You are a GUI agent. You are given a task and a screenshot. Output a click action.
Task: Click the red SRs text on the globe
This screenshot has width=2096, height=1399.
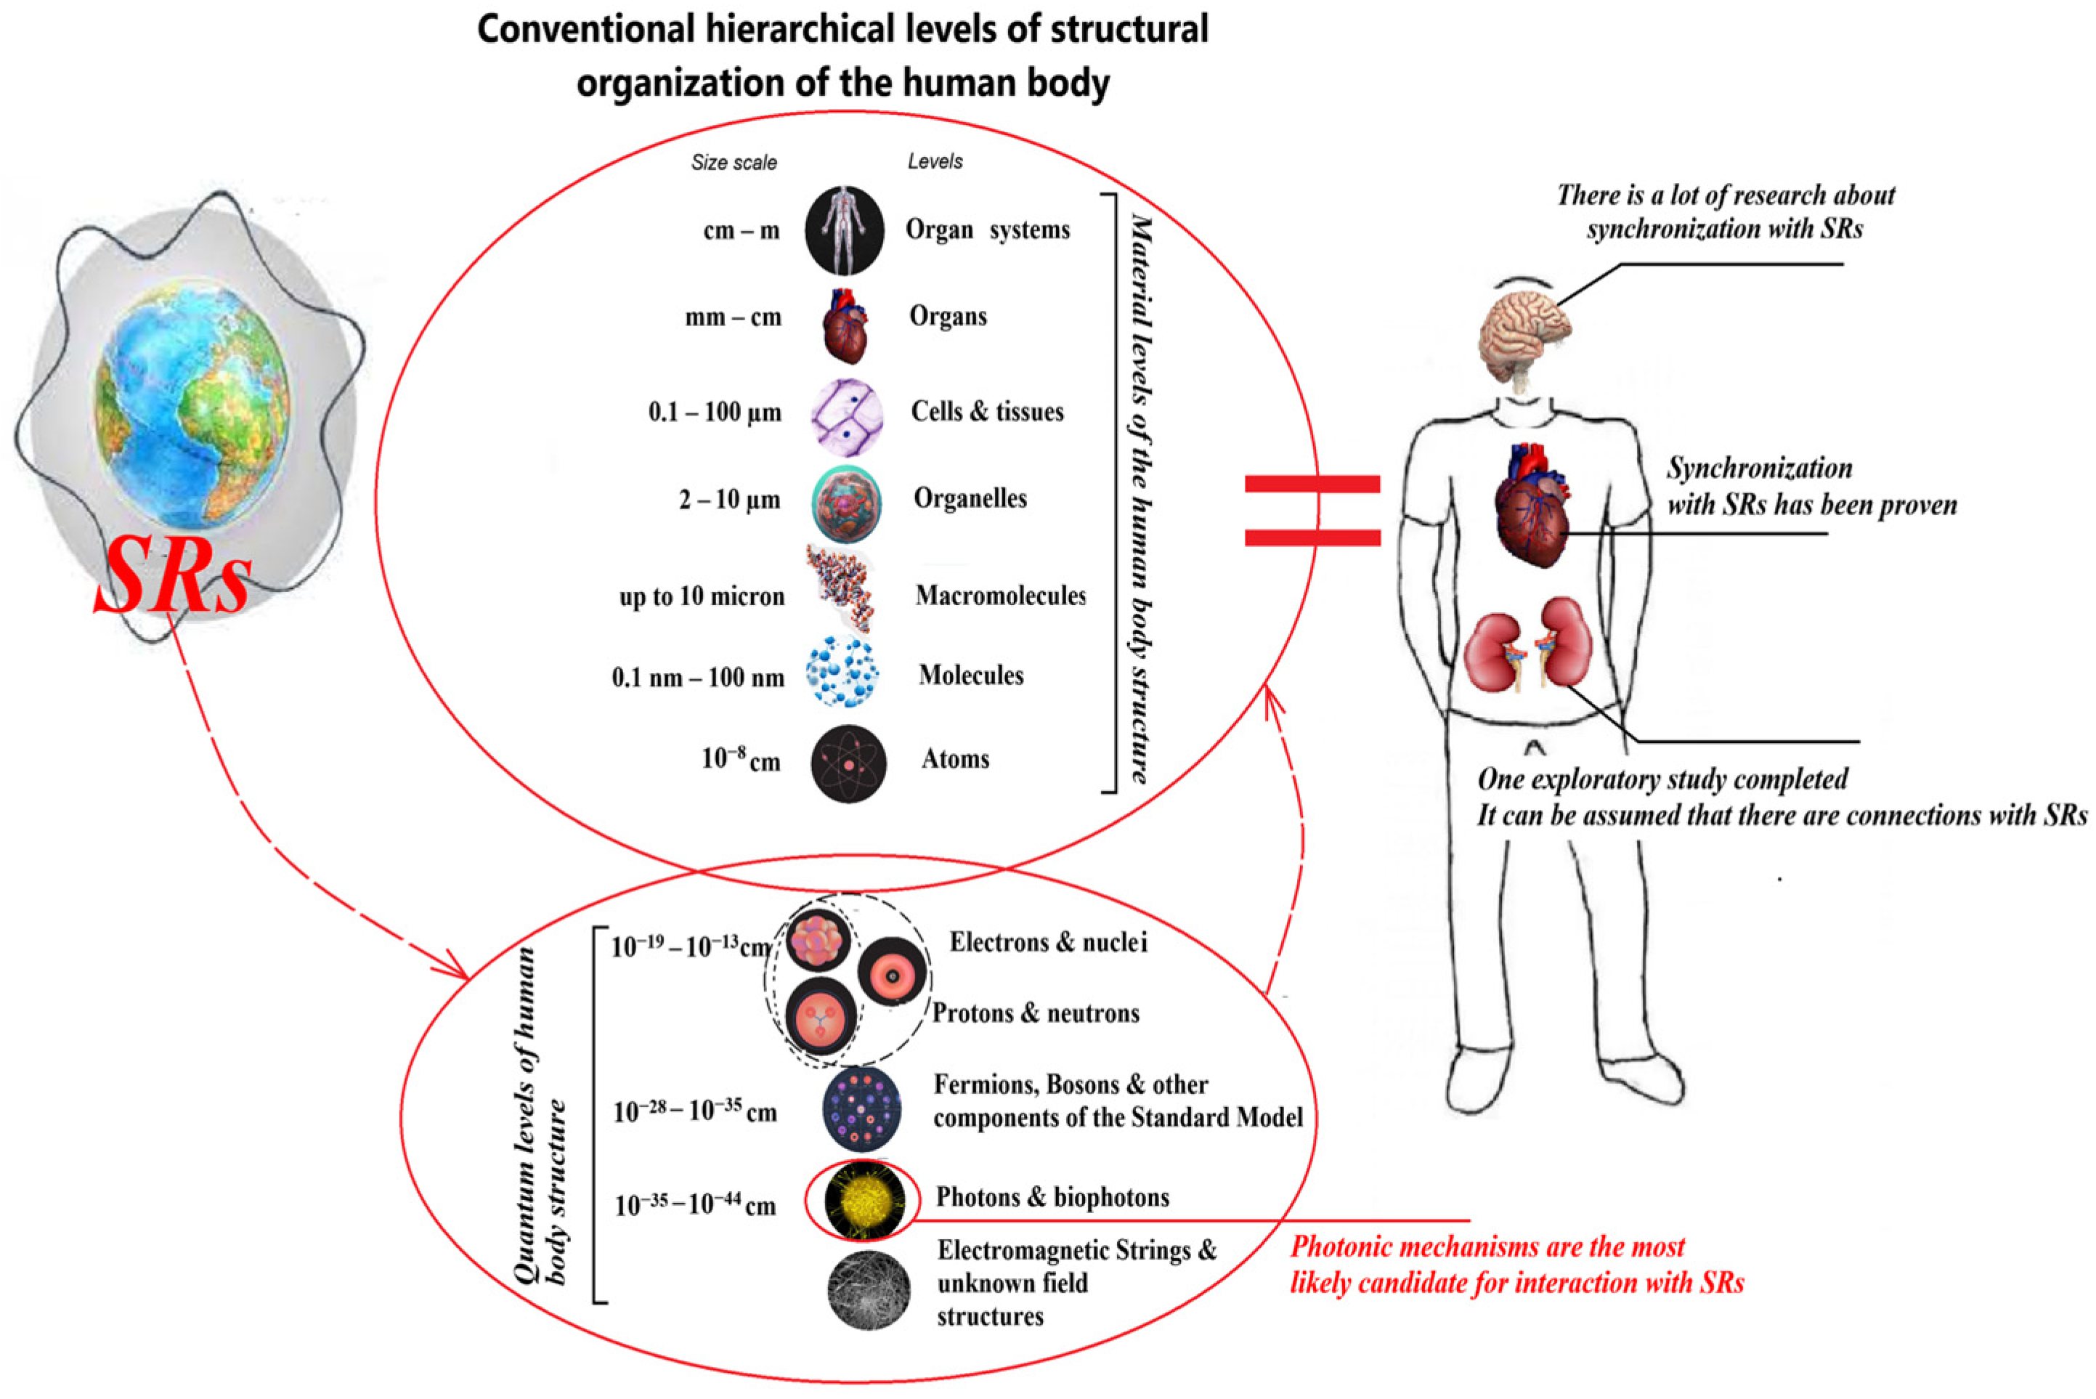tap(172, 577)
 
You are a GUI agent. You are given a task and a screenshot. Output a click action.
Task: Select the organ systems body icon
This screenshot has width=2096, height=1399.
tap(844, 230)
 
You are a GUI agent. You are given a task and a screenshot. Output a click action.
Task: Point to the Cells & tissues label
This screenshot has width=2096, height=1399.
tap(986, 411)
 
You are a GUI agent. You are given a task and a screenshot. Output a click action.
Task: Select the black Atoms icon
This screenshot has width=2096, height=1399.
tap(848, 763)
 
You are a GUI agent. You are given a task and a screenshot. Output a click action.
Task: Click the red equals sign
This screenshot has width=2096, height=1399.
tap(1312, 511)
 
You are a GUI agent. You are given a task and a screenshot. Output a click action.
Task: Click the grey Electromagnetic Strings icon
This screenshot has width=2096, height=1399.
tap(869, 1290)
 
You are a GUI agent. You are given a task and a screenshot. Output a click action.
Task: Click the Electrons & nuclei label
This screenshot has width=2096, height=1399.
tap(1047, 942)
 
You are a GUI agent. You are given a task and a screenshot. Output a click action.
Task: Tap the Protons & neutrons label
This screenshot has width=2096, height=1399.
tap(1036, 1013)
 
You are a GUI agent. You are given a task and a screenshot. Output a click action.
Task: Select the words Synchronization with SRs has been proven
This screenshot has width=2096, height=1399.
tap(1811, 486)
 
